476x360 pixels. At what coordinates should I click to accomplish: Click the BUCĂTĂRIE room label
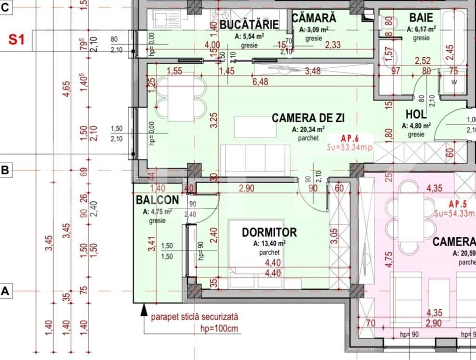249,24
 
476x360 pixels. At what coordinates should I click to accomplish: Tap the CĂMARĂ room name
314,18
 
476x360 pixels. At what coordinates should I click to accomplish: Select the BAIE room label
421,18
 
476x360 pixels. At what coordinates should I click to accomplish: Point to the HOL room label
416,114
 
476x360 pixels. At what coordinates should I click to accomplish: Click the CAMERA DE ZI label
308,118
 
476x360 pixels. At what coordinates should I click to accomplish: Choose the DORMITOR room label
269,232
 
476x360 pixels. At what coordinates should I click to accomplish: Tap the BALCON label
157,200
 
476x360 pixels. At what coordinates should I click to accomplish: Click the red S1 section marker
16,40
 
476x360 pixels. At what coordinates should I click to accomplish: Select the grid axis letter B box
5,170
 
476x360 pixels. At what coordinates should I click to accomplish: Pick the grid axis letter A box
5,292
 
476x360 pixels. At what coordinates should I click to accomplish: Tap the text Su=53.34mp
350,147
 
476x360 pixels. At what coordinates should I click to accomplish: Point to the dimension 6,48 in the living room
261,82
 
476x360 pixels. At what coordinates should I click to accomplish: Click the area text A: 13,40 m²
269,243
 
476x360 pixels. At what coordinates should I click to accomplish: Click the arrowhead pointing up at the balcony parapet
144,307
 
